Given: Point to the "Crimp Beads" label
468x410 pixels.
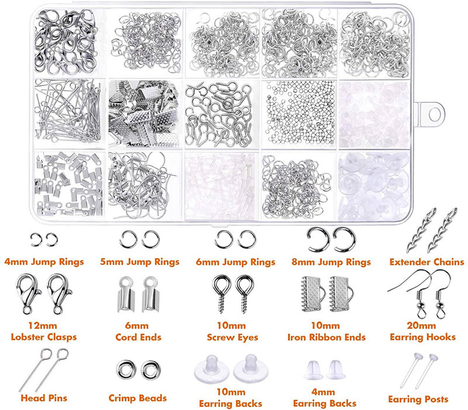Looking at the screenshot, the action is [x=138, y=398].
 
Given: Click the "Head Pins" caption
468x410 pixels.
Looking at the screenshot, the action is [x=43, y=398].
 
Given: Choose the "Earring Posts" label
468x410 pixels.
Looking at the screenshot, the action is [x=418, y=399].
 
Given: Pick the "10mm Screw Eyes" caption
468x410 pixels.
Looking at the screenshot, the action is [x=233, y=331].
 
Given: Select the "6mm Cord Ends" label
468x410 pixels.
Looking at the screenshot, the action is [x=137, y=331].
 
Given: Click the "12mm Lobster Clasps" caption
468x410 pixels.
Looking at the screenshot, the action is [x=43, y=331].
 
